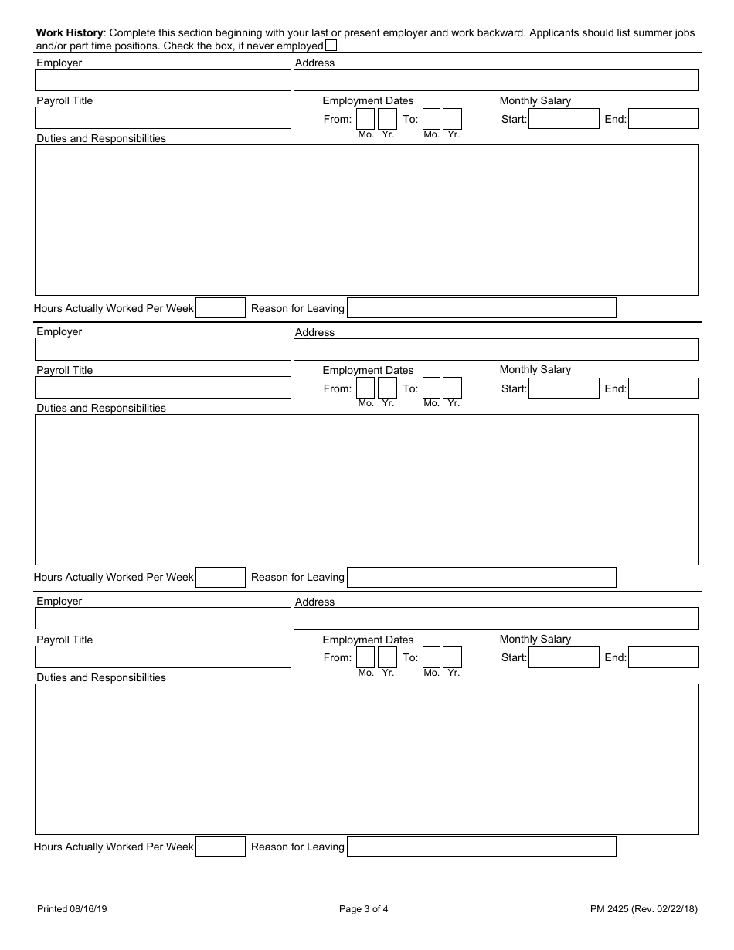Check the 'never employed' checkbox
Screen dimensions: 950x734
tap(331, 46)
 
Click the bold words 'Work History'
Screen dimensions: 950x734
tap(70, 33)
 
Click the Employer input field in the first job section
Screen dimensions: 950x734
tap(163, 80)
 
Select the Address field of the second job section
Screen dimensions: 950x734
tap(496, 350)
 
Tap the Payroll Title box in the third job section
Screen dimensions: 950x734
tap(163, 657)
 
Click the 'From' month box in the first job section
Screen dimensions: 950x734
tap(365, 119)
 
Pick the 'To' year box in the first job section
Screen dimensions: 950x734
tap(453, 119)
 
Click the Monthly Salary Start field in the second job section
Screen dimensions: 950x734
tap(564, 388)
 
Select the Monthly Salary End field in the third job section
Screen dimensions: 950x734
tap(664, 657)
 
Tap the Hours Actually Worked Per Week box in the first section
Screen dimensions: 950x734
tap(220, 308)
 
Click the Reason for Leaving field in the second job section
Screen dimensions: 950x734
tap(481, 577)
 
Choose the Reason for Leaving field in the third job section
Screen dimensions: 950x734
tap(481, 847)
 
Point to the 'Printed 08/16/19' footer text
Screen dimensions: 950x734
tap(72, 909)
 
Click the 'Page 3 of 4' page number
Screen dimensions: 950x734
tap(364, 909)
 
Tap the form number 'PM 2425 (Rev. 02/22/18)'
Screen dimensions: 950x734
tap(644, 909)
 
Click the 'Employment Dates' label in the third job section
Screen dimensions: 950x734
tap(368, 640)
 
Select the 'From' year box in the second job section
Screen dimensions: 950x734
tap(387, 388)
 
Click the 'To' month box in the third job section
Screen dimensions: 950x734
tap(432, 657)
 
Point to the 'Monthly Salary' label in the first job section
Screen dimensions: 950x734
tap(535, 100)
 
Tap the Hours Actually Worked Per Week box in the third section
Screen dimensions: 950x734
tap(220, 847)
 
